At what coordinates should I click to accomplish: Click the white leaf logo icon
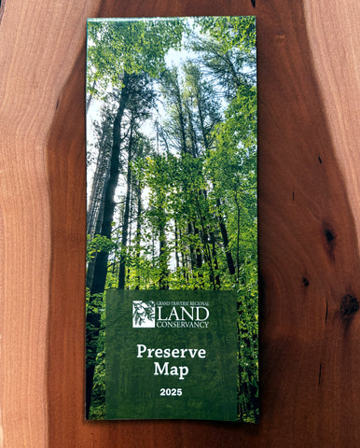[x=144, y=314]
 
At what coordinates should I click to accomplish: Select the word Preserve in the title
[x=172, y=352]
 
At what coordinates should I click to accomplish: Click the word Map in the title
[x=172, y=370]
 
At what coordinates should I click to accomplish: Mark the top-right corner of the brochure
[x=256, y=15]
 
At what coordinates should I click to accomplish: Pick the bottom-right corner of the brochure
[x=258, y=422]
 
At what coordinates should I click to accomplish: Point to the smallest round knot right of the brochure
[x=305, y=281]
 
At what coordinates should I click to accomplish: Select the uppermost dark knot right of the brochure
[x=328, y=237]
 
